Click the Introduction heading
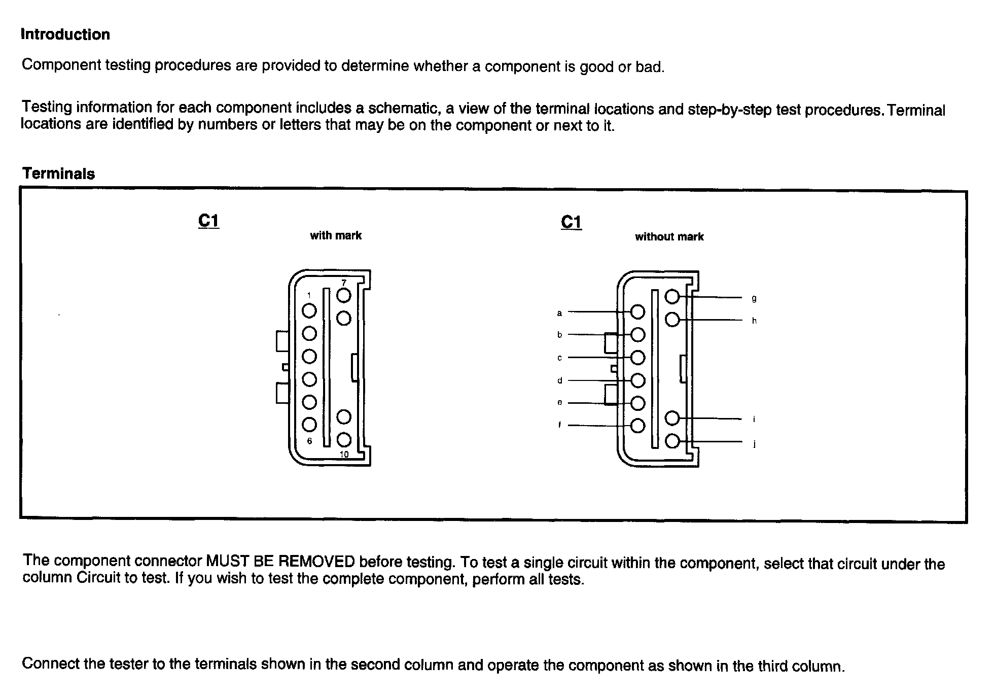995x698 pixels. [x=65, y=34]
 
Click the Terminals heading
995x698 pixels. [x=58, y=173]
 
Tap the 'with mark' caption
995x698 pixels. [x=336, y=235]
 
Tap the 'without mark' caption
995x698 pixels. [x=669, y=236]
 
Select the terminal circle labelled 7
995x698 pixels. [x=344, y=295]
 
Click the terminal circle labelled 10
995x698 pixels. [x=344, y=439]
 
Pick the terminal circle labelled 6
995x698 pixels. [x=309, y=425]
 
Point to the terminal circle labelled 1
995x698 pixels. [x=309, y=310]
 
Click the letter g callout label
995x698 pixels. [x=754, y=299]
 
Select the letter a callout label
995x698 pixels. [x=559, y=313]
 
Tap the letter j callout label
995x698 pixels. [x=754, y=444]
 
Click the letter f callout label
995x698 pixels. [x=559, y=425]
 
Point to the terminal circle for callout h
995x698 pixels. [x=672, y=320]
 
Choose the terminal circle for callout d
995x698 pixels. [x=637, y=380]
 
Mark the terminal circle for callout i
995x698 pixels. [x=672, y=418]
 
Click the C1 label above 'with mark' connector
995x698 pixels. [x=208, y=221]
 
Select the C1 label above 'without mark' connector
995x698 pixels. [x=571, y=222]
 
